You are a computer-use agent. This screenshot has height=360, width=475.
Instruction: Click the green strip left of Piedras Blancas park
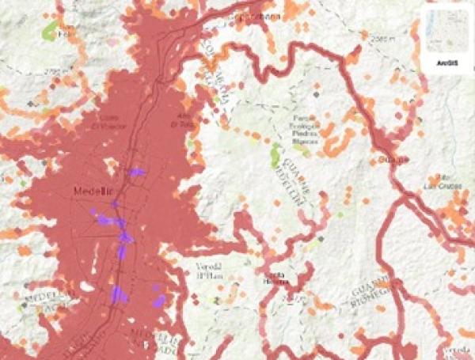point(275,153)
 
